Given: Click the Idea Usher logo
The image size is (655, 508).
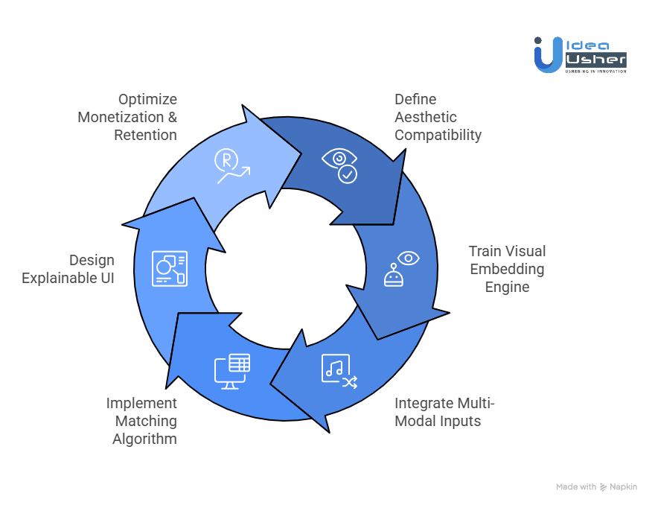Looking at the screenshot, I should click(x=580, y=54).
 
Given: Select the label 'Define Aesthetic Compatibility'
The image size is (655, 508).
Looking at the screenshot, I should click(x=438, y=117).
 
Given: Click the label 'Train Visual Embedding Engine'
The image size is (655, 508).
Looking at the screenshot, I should click(x=507, y=269).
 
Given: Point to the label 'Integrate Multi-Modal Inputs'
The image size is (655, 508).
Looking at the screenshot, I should click(x=444, y=412).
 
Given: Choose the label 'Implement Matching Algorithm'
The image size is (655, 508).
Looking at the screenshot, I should click(x=141, y=421).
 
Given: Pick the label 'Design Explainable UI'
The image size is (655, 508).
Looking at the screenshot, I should click(x=68, y=269).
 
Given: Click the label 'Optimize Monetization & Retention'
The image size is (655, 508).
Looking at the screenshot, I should click(x=127, y=117).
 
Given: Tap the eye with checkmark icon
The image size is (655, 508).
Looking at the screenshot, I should click(x=339, y=165).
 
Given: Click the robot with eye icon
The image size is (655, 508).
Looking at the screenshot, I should click(x=401, y=269).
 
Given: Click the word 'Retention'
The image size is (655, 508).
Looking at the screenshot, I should click(x=145, y=135).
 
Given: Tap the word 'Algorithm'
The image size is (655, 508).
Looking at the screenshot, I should click(x=144, y=439).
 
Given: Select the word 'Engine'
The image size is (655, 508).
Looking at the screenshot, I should click(x=507, y=287).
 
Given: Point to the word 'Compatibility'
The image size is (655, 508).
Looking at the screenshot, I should click(x=438, y=135).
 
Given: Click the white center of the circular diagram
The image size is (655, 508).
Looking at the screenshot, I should click(x=285, y=268).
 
